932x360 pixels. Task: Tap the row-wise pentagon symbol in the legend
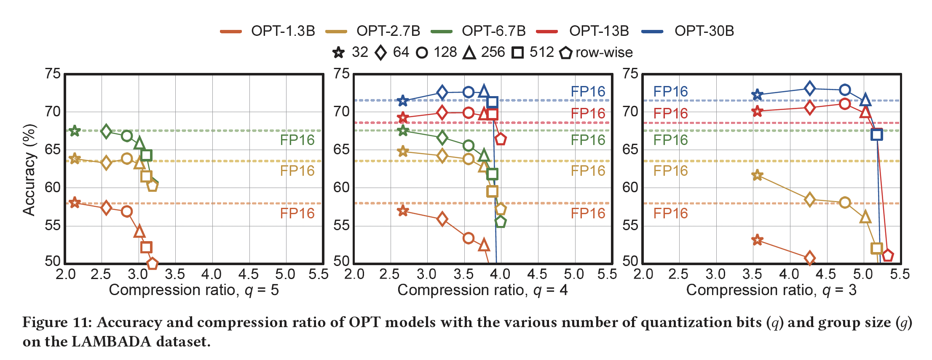point(565,53)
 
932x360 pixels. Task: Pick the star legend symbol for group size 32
point(338,53)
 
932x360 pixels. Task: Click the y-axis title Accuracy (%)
point(29,169)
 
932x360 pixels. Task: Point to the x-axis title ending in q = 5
point(194,290)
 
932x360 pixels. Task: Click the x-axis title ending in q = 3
point(771,290)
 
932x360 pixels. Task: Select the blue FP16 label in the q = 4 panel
point(588,91)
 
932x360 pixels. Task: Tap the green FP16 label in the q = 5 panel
point(297,140)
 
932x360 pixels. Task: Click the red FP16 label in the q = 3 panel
point(670,113)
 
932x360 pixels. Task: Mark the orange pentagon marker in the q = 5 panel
point(152,263)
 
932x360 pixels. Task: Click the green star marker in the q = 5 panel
point(75,131)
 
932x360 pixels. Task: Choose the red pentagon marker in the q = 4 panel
point(500,139)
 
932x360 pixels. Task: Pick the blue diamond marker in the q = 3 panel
point(809,89)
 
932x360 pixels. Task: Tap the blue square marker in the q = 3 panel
point(877,135)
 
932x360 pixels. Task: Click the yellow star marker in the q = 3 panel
point(757,175)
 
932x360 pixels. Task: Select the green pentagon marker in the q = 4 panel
point(500,222)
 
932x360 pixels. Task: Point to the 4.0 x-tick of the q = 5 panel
point(212,274)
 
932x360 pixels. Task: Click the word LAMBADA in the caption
point(111,341)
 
